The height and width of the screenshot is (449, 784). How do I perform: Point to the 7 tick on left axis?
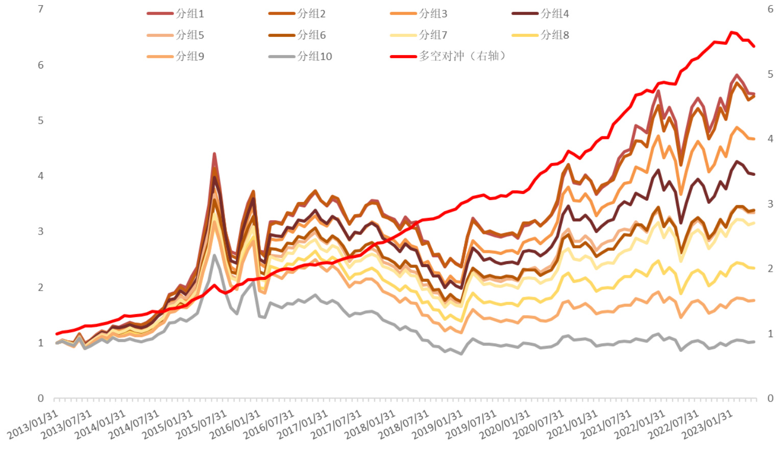[x=41, y=9]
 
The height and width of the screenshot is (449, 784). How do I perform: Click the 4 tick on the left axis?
[x=41, y=176]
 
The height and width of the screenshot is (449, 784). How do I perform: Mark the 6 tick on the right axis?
[x=770, y=9]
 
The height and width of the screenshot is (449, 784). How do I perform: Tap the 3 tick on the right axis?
[x=770, y=204]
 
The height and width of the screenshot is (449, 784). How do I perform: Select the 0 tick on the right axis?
[x=770, y=398]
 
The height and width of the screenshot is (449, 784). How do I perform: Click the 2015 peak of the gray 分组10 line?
[x=214, y=255]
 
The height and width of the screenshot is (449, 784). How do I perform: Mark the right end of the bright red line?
[x=754, y=46]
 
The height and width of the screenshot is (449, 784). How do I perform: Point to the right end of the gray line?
[x=754, y=342]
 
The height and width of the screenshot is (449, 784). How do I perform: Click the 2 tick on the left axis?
[x=41, y=287]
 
